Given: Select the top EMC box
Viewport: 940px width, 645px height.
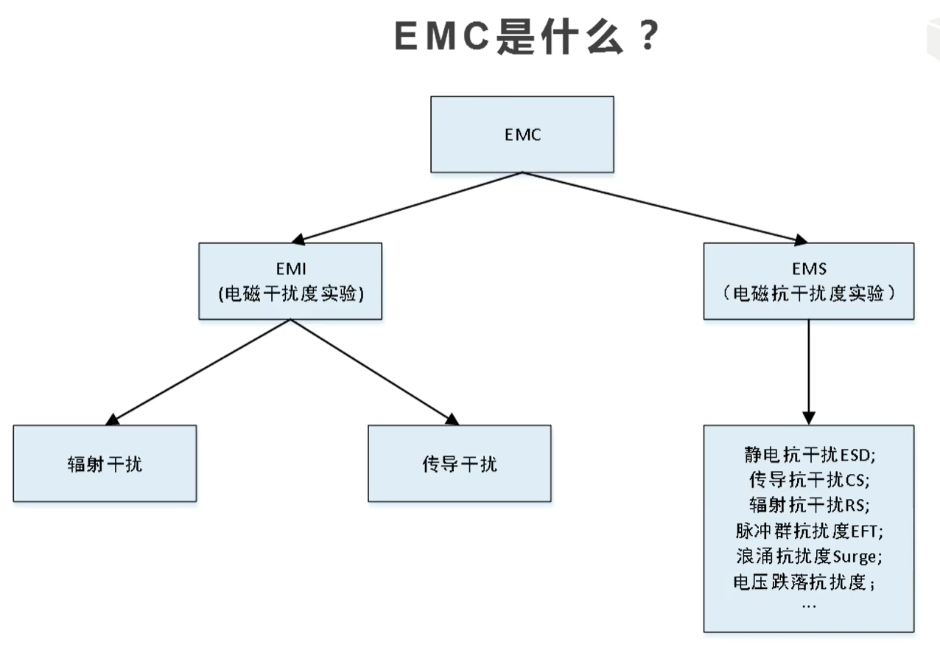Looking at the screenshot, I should pyautogui.click(x=522, y=135).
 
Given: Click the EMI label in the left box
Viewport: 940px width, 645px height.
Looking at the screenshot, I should pyautogui.click(x=290, y=269).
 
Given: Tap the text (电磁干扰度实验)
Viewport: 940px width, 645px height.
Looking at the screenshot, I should pyautogui.click(x=290, y=293).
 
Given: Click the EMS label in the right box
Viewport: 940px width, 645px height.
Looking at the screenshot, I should pyautogui.click(x=809, y=269).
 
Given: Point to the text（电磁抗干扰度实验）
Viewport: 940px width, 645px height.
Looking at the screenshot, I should pyautogui.click(x=809, y=293).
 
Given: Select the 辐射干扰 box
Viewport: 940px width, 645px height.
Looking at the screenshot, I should pyautogui.click(x=105, y=464).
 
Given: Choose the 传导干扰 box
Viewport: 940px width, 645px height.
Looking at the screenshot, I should pyautogui.click(x=460, y=464).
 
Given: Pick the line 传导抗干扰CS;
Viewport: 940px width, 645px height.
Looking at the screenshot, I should pyautogui.click(x=809, y=480).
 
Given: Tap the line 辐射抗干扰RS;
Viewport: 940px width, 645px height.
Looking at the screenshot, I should pyautogui.click(x=809, y=505).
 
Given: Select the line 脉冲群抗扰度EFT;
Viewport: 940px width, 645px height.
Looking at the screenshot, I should pyautogui.click(x=809, y=531).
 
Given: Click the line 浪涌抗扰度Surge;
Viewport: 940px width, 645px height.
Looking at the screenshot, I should pyautogui.click(x=809, y=556).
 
